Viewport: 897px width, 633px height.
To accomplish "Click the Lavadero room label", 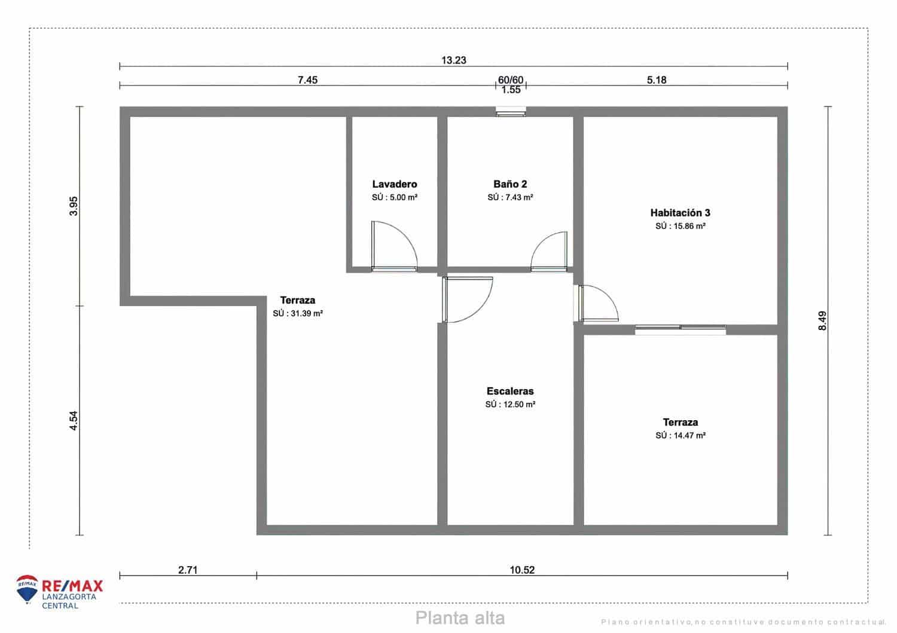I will (394, 184).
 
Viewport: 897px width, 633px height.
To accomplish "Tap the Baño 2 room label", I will (510, 184).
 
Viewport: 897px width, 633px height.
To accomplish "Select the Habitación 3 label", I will (680, 213).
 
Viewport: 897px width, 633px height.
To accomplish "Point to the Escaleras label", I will (510, 392).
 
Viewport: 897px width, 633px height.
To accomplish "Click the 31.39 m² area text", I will (298, 313).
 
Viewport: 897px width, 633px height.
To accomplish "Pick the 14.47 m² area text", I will (681, 436).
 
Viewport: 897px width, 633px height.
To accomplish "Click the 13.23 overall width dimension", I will (453, 60).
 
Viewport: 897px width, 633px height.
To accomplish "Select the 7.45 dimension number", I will (307, 80).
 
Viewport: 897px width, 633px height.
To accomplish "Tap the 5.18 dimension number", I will (657, 80).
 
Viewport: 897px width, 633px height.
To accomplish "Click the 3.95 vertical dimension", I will (74, 206).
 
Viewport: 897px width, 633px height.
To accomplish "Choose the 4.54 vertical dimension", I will (74, 420).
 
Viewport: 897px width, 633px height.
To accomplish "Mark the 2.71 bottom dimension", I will (188, 570).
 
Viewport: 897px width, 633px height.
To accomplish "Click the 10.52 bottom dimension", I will (522, 570).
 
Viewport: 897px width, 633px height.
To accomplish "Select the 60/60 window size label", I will (511, 80).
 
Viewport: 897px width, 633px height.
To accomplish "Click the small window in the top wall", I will (511, 111).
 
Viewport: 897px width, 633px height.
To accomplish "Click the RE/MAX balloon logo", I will (27, 589).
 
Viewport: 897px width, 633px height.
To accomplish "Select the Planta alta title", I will (460, 617).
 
